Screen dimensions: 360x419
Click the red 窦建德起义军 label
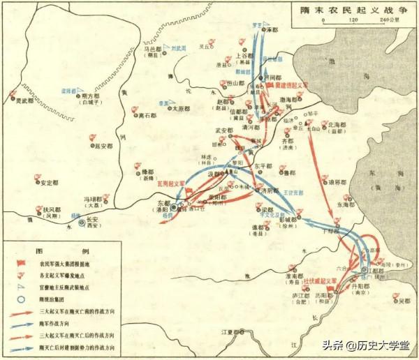292,84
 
